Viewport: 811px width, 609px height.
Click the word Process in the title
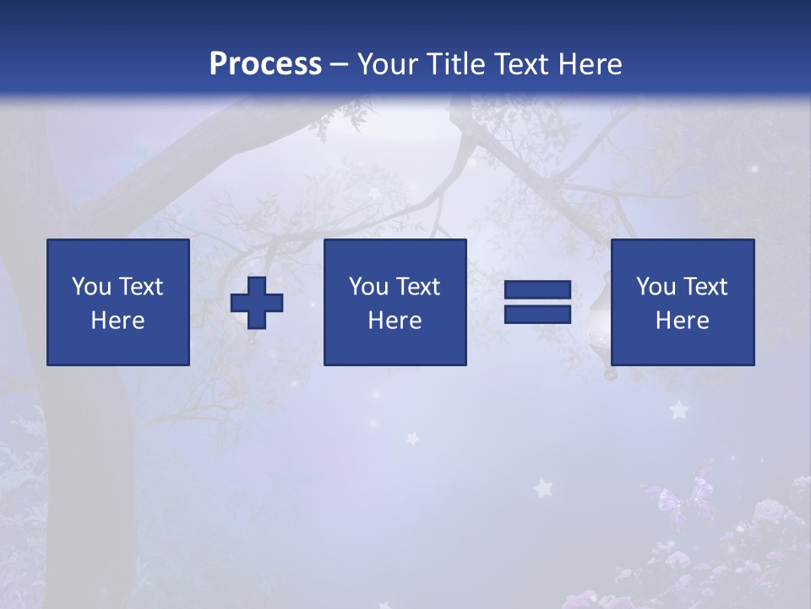[x=265, y=64]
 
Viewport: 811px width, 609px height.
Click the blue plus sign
[x=257, y=303]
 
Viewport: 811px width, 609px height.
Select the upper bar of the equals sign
[x=537, y=290]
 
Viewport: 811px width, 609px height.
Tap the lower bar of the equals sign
[x=537, y=314]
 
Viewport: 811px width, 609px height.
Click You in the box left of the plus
[x=91, y=287]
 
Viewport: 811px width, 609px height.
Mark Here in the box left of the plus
[x=117, y=321]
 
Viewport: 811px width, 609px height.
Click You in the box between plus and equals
[x=368, y=287]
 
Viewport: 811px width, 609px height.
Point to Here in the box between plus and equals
[x=395, y=321]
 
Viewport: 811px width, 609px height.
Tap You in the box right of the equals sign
[x=656, y=287]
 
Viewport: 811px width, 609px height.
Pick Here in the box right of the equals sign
[x=682, y=321]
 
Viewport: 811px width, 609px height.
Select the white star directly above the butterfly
[x=678, y=410]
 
